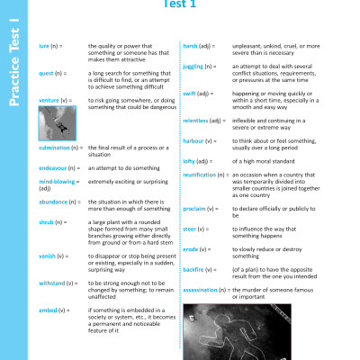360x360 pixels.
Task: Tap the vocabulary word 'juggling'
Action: point(194,66)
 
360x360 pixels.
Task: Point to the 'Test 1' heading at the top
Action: point(178,4)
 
